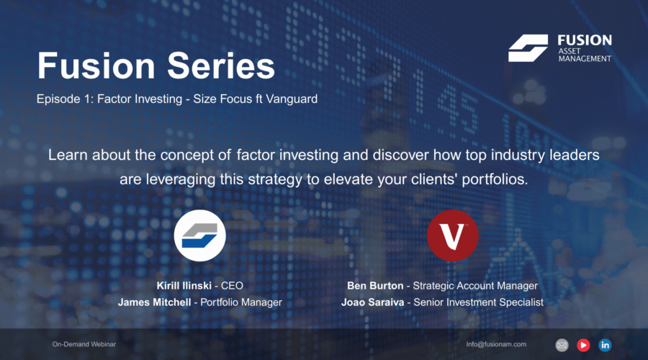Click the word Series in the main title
tap(221, 66)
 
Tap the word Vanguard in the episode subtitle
tap(292, 99)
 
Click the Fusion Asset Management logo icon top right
tap(528, 48)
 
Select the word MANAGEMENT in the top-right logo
tap(585, 59)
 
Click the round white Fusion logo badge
tap(199, 235)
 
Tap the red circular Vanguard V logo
tap(453, 235)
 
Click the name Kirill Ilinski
tap(184, 286)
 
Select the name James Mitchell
tap(155, 302)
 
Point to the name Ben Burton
tap(375, 286)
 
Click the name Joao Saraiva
tap(373, 302)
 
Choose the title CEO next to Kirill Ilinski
tap(232, 286)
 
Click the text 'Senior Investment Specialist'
tap(479, 302)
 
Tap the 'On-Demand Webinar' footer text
tap(84, 344)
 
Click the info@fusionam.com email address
tap(496, 344)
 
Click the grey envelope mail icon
tap(562, 345)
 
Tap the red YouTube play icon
tap(583, 345)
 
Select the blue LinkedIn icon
tap(605, 345)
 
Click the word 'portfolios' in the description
tap(493, 180)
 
